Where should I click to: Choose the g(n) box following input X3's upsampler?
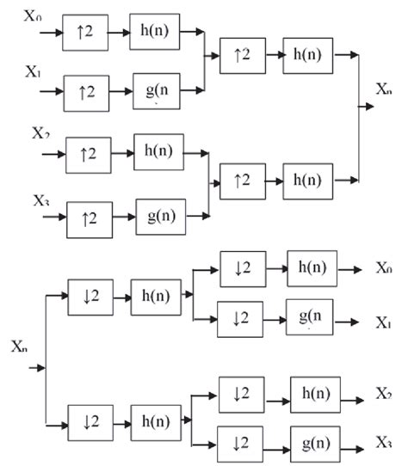161,214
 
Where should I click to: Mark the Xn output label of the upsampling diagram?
386,89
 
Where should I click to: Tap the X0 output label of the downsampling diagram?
384,269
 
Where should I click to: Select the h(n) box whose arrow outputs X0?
312,268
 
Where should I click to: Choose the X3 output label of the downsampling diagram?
384,441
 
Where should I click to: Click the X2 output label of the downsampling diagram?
384,393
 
